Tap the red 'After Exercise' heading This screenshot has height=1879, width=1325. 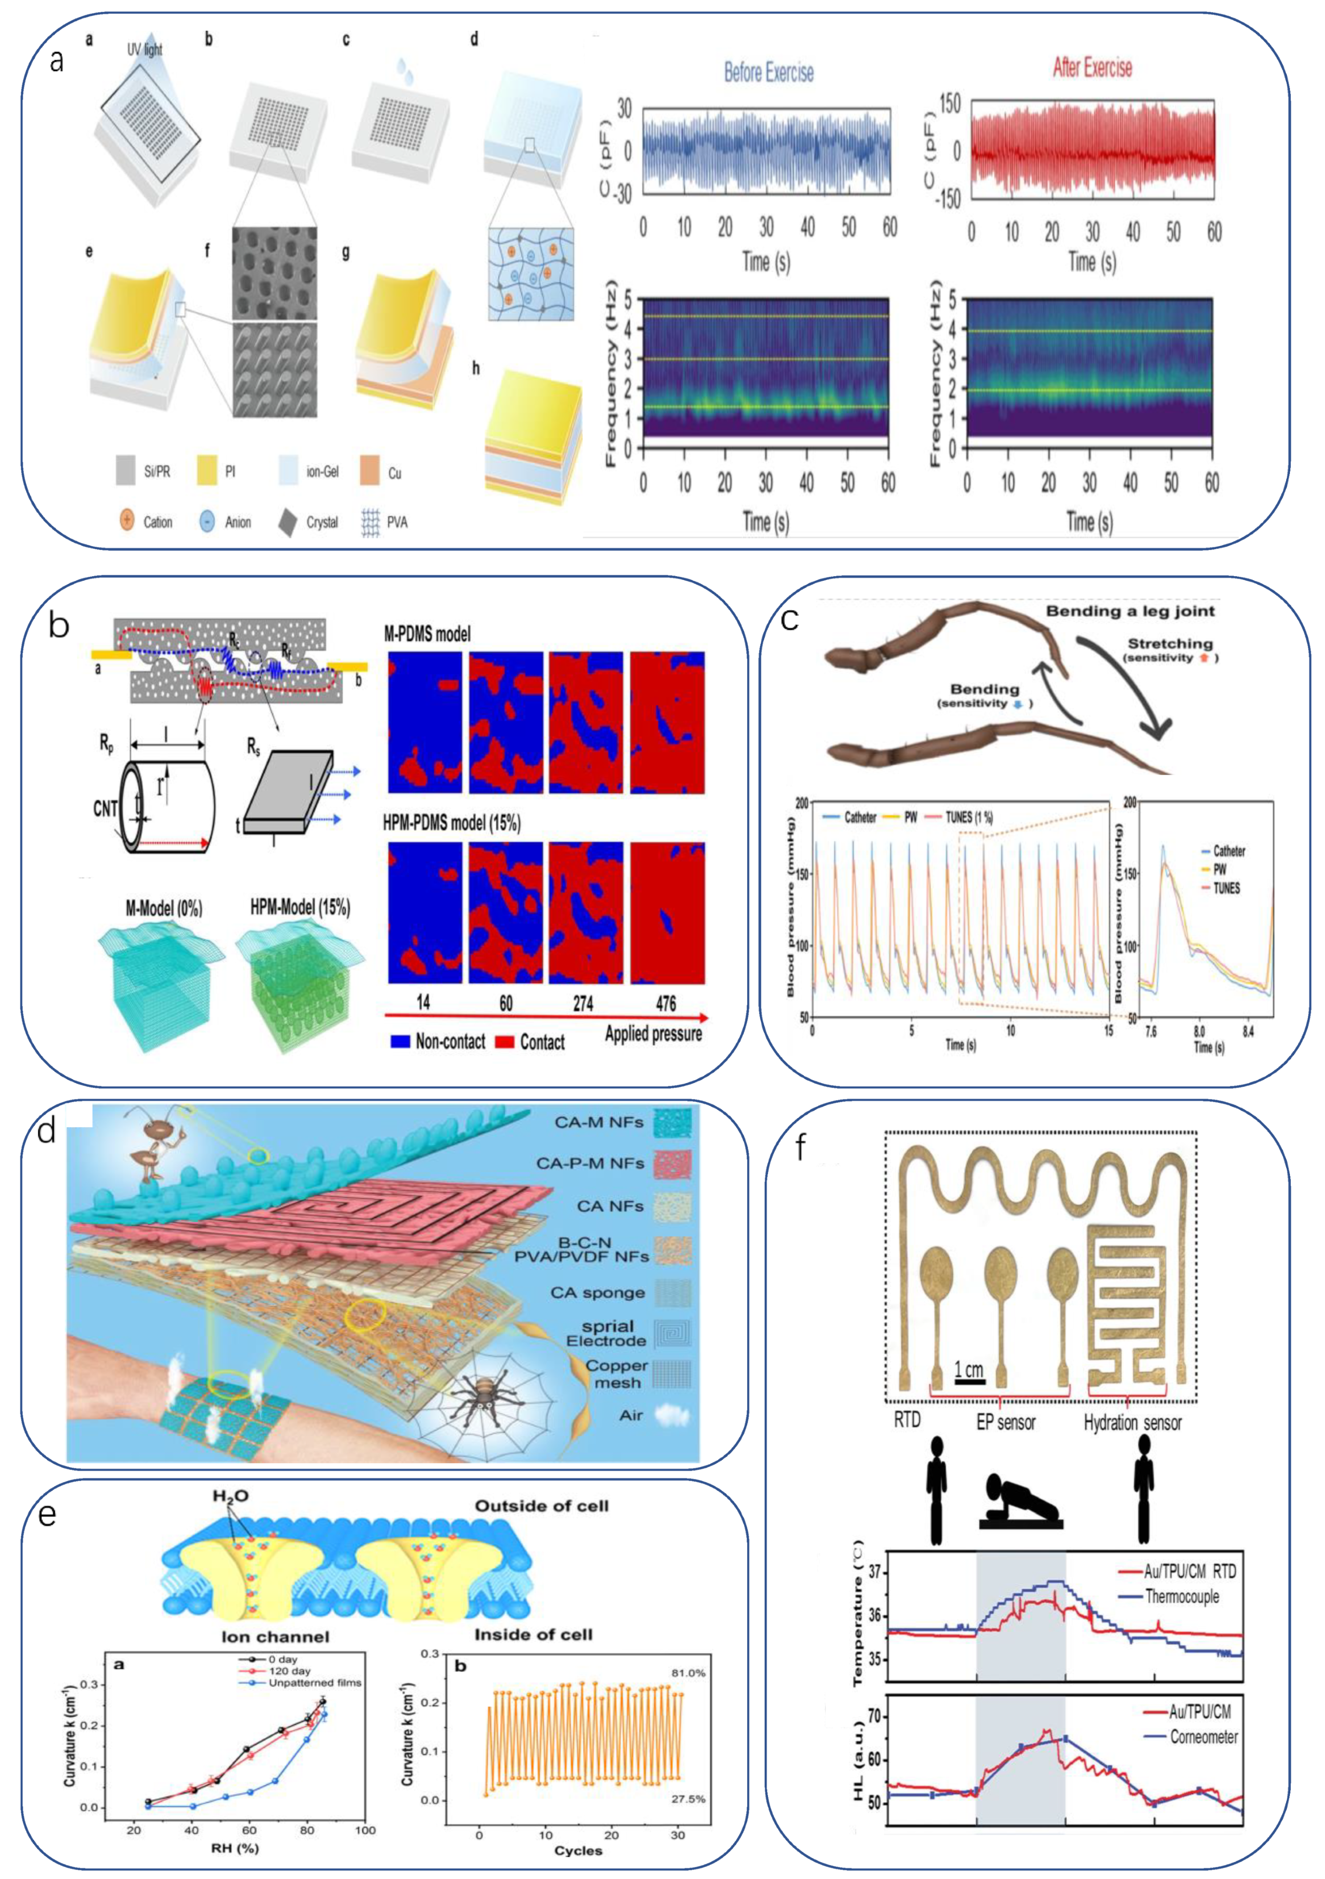[1092, 67]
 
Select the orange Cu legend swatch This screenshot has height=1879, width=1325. [369, 472]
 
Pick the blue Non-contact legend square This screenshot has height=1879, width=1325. [400, 1042]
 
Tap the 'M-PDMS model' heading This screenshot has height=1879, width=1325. [427, 634]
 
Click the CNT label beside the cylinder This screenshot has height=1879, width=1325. [106, 808]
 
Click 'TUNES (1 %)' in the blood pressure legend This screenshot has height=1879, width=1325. [969, 817]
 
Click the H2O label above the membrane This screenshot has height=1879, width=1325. [231, 1496]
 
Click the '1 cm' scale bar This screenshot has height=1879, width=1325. [969, 1371]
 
